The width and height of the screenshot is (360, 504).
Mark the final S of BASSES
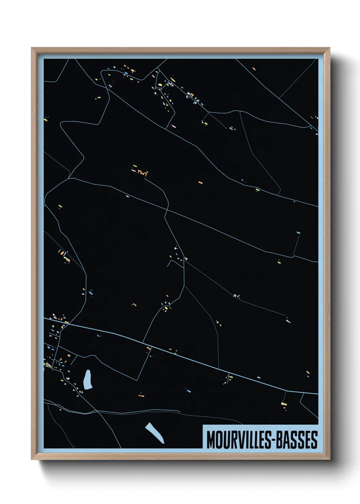point(314,440)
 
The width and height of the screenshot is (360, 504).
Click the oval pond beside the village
point(88,380)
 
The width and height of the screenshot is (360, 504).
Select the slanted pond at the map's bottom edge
point(155,432)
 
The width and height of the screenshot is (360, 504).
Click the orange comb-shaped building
point(143,174)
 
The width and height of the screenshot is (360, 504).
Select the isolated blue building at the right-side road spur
point(298,233)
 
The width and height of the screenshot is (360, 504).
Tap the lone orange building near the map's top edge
point(254,69)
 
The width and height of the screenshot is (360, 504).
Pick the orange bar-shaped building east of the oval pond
point(141,395)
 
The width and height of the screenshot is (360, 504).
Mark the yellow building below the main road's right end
point(284,404)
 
